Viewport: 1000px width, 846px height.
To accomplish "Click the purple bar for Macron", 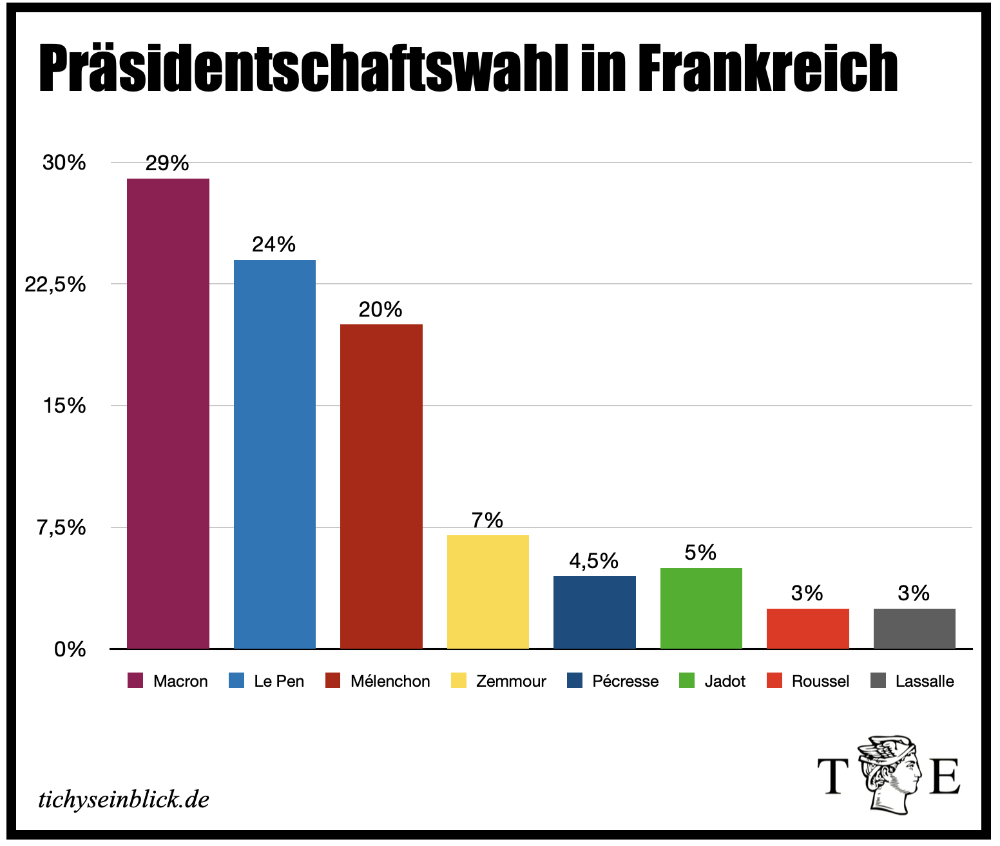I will (x=168, y=413).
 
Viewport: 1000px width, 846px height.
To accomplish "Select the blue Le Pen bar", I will (x=274, y=453).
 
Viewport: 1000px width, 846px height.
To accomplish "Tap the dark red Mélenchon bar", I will (x=381, y=486).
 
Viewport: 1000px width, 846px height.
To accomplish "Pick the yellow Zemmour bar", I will (x=488, y=591).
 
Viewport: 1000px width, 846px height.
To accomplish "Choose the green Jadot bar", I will (x=701, y=607).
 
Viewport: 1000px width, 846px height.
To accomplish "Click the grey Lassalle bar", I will (x=914, y=628).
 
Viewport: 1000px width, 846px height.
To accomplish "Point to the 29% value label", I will (x=167, y=163).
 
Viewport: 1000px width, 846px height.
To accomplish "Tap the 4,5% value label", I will (x=593, y=561).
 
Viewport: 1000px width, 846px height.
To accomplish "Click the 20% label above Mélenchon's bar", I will (x=380, y=310).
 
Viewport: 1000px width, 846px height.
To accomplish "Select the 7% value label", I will (x=487, y=520).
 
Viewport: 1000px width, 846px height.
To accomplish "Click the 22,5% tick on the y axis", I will (x=55, y=284).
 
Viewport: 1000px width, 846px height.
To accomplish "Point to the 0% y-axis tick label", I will (x=70, y=649).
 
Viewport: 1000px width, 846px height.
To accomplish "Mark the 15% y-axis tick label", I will (x=64, y=406).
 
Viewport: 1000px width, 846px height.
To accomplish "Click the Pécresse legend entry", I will (x=613, y=681).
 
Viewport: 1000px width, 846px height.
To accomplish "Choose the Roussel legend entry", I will (x=808, y=681).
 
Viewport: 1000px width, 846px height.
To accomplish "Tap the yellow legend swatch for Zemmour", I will (x=459, y=681).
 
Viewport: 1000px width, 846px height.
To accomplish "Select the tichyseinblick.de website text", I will (x=124, y=800).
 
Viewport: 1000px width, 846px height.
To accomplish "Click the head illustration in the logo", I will (x=889, y=774).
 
